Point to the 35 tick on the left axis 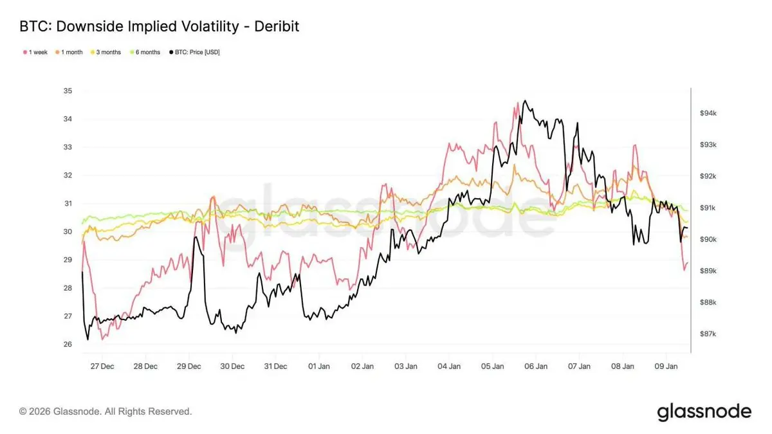tap(68, 91)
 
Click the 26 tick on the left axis tap(68, 344)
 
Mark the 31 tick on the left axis tap(68, 203)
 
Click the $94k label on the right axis tap(708, 113)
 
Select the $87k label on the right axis tap(708, 334)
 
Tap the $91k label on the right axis tap(708, 208)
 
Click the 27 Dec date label tap(102, 366)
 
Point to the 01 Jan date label tap(319, 366)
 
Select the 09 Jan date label tap(666, 366)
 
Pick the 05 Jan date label tap(493, 366)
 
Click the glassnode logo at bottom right tap(704, 411)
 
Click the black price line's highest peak tap(525, 101)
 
